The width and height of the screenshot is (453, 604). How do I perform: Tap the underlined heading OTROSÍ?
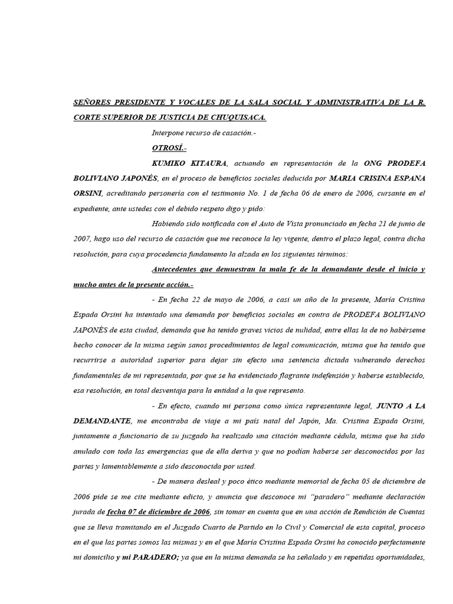[169, 148]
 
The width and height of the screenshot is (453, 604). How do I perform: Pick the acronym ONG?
[377, 163]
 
